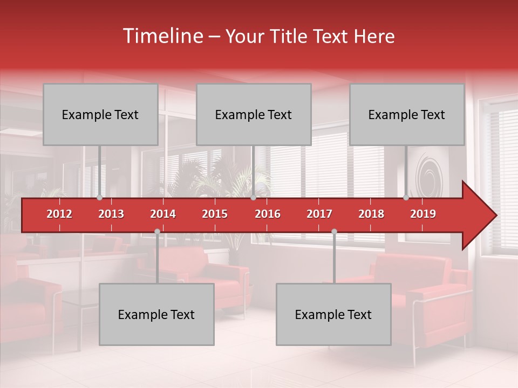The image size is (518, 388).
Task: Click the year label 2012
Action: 59,214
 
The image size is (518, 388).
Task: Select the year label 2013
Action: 111,214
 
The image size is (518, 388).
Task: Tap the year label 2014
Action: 163,214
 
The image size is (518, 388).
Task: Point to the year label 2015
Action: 215,214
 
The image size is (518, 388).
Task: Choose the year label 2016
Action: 268,214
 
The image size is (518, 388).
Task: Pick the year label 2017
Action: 319,214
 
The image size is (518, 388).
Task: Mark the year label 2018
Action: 371,214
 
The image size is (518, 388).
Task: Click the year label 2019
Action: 423,214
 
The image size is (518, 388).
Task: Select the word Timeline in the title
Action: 162,36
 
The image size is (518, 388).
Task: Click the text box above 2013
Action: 100,114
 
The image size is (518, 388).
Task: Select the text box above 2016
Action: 254,114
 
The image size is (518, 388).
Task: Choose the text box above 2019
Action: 407,114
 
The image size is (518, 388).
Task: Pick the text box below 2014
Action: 156,314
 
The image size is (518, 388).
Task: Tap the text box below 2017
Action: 333,314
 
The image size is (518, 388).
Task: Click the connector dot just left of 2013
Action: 100,198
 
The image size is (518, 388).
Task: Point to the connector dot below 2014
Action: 157,231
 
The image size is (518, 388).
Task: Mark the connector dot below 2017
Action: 334,231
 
